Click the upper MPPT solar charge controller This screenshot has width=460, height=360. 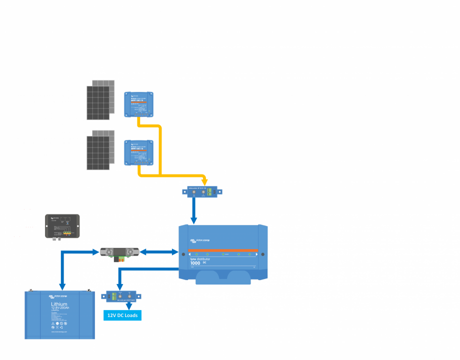coord(139,104)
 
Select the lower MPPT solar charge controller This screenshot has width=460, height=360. coord(139,152)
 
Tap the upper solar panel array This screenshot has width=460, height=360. coord(100,100)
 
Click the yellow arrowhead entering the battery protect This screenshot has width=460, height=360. coord(204,180)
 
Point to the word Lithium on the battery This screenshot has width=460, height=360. coord(59,303)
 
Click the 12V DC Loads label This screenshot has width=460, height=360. coord(122,315)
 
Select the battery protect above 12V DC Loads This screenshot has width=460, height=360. coord(122,296)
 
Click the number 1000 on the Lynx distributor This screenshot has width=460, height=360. coord(195,263)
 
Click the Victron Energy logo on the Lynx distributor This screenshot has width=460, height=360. coord(200,240)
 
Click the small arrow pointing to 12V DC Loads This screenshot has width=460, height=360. coord(129,305)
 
